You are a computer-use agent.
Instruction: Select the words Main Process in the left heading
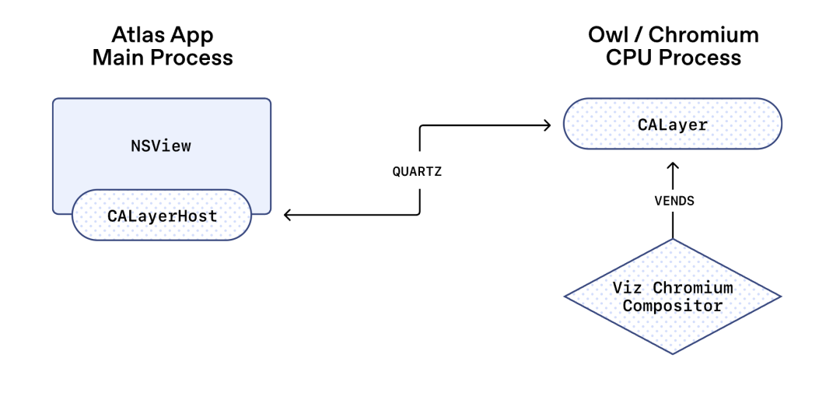click(x=162, y=58)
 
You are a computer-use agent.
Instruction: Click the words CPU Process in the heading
click(x=673, y=58)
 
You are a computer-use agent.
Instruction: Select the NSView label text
click(x=160, y=146)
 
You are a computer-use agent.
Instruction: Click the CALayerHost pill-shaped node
click(x=161, y=216)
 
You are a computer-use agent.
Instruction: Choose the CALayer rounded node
click(x=672, y=124)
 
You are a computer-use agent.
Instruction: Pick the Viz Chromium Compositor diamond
click(x=672, y=296)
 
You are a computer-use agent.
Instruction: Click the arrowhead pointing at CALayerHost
click(x=287, y=215)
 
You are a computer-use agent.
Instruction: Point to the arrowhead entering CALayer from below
click(x=672, y=166)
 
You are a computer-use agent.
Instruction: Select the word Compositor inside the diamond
click(x=672, y=306)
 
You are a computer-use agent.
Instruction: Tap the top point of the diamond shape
click(x=672, y=240)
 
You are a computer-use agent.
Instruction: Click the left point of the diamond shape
click(x=565, y=296)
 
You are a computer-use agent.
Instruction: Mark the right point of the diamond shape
click(x=779, y=296)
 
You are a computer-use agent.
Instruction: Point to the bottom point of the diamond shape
click(x=672, y=354)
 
